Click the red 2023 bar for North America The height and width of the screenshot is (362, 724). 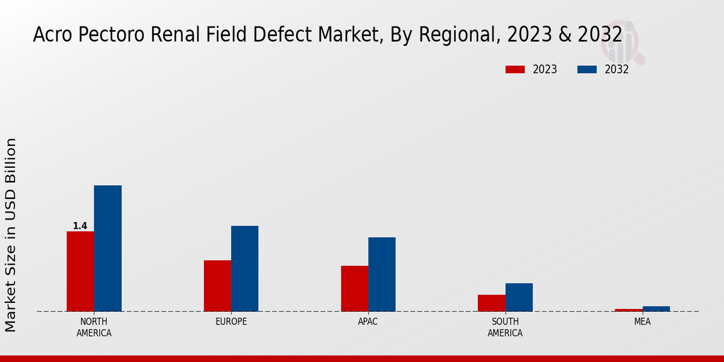[x=80, y=271]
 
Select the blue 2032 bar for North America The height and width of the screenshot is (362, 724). [x=107, y=248]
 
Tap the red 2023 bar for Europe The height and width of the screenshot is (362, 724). [x=217, y=285]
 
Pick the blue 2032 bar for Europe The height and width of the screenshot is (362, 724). [x=244, y=268]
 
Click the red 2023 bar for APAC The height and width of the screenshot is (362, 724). [x=354, y=288]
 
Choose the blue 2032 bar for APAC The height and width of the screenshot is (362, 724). [x=382, y=274]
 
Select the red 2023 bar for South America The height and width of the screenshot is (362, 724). [x=491, y=303]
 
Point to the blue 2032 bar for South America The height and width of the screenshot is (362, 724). [x=519, y=297]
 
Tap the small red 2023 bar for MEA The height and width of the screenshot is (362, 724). [x=629, y=310]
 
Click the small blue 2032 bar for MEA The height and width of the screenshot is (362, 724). [x=656, y=308]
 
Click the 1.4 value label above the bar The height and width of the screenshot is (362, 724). [x=80, y=226]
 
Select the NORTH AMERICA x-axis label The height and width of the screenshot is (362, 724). [x=94, y=327]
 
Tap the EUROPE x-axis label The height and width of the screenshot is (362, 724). [x=231, y=322]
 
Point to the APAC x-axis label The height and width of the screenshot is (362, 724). [x=368, y=322]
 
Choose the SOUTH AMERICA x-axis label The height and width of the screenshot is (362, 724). [x=505, y=327]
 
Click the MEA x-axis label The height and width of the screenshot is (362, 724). [x=642, y=322]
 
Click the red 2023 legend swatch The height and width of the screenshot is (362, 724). [x=515, y=69]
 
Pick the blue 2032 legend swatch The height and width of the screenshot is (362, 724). [x=586, y=69]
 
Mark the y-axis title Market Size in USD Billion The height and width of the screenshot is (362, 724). [x=11, y=235]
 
